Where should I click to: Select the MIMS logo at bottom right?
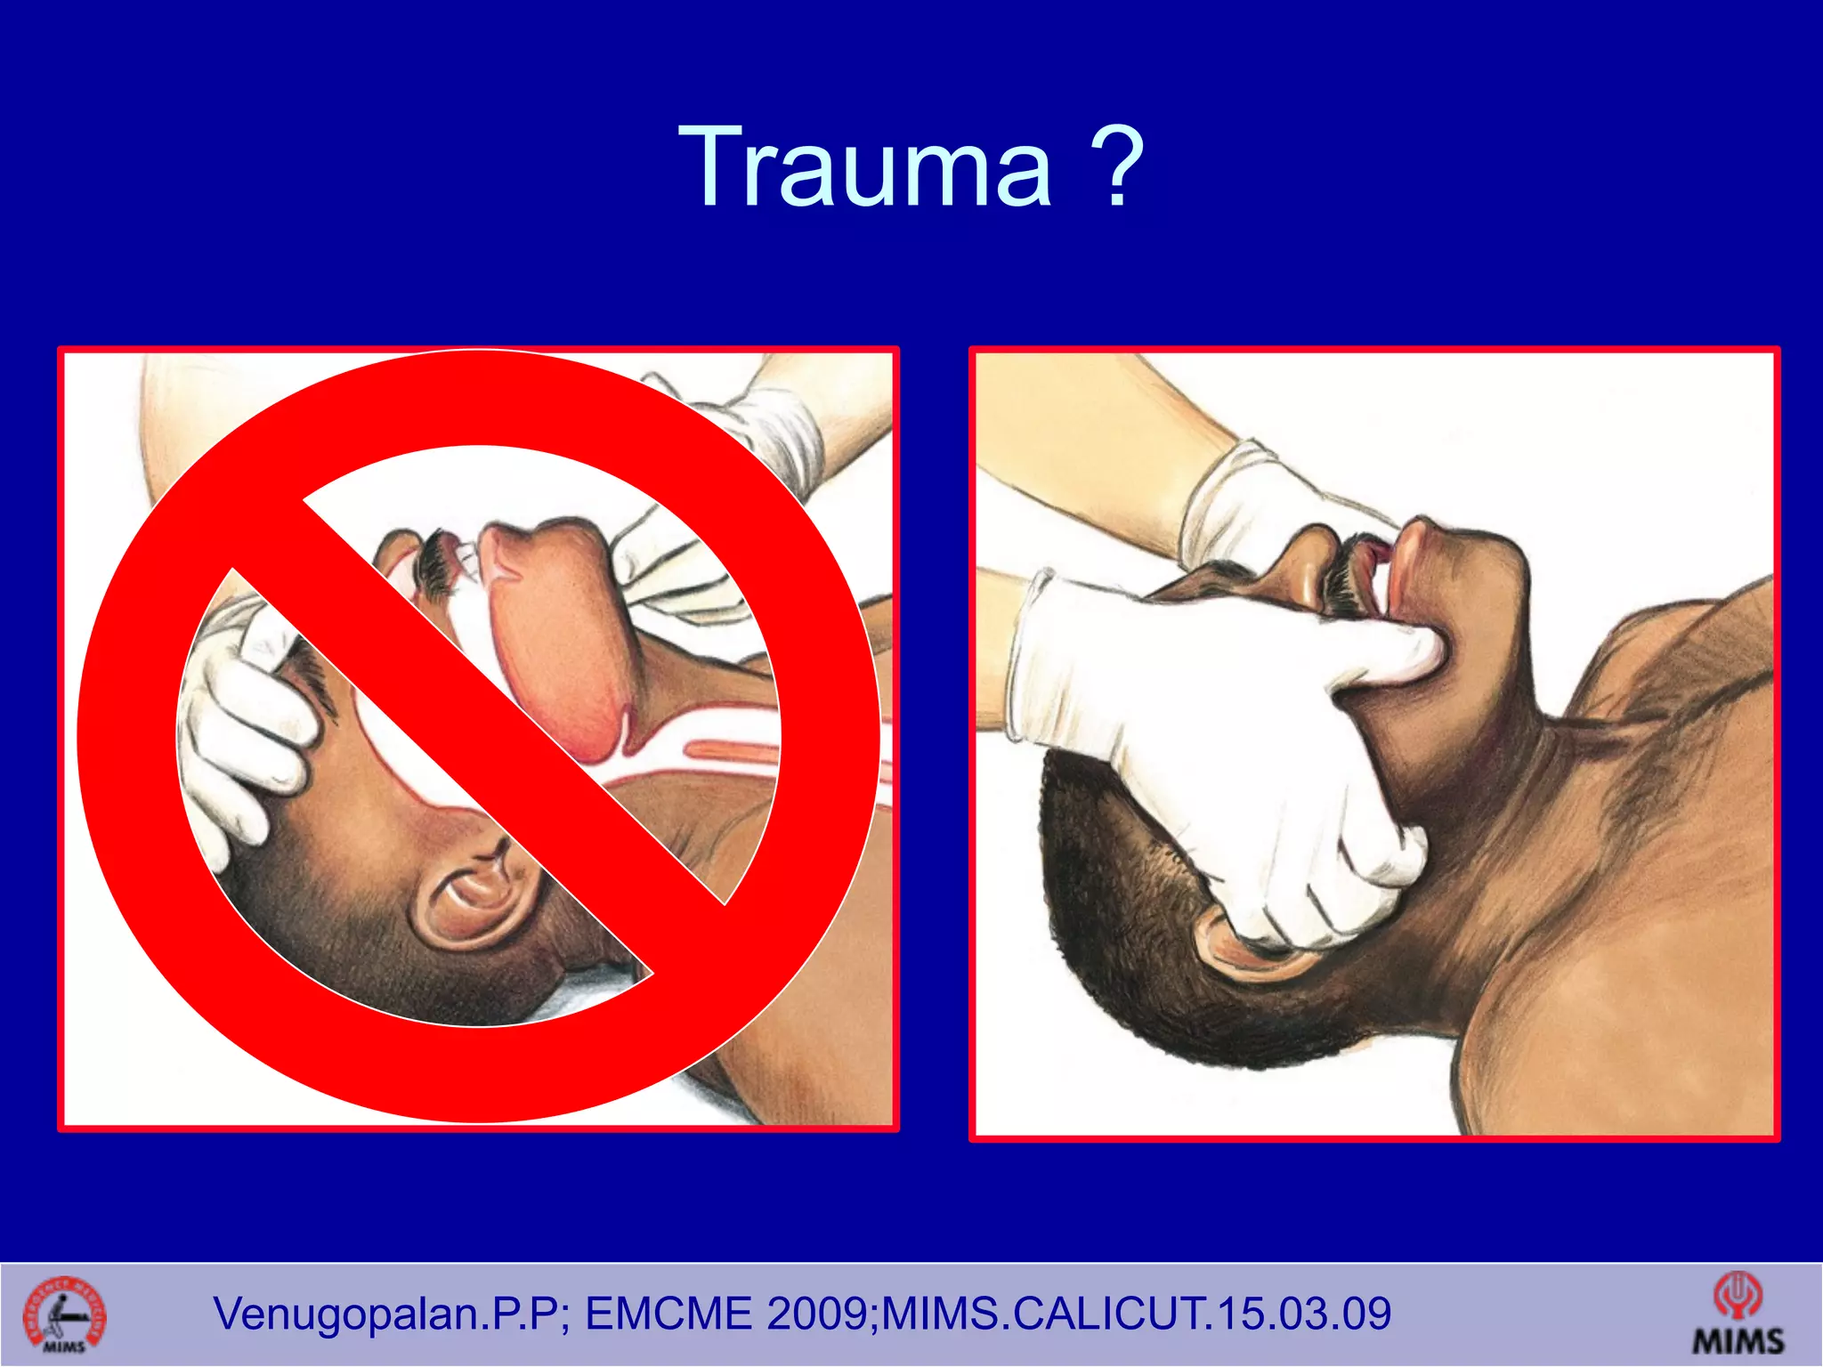(x=1738, y=1314)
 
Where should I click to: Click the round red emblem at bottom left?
(x=64, y=1314)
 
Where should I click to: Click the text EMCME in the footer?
(x=668, y=1314)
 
